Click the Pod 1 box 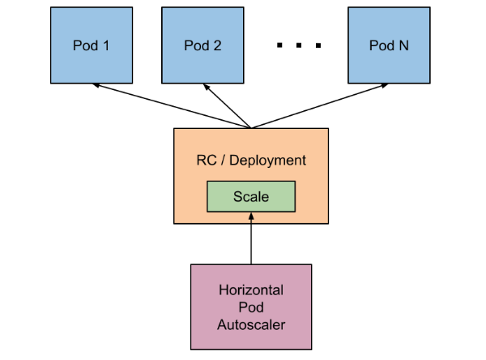(92, 45)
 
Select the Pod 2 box (202, 45)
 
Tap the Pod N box (389, 45)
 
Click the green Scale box (251, 196)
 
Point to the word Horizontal (251, 290)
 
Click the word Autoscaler (251, 325)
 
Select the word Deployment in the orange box (267, 161)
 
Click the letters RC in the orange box (207, 161)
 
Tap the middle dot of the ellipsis (299, 45)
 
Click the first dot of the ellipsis (279, 45)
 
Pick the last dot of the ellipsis (318, 45)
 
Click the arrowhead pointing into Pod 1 (96, 84)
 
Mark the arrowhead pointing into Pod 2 (206, 87)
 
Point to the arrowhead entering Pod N (384, 85)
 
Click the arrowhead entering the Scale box (251, 216)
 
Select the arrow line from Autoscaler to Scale (251, 238)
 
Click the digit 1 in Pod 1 (106, 45)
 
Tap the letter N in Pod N (404, 45)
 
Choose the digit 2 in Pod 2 (217, 45)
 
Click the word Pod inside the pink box (251, 307)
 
